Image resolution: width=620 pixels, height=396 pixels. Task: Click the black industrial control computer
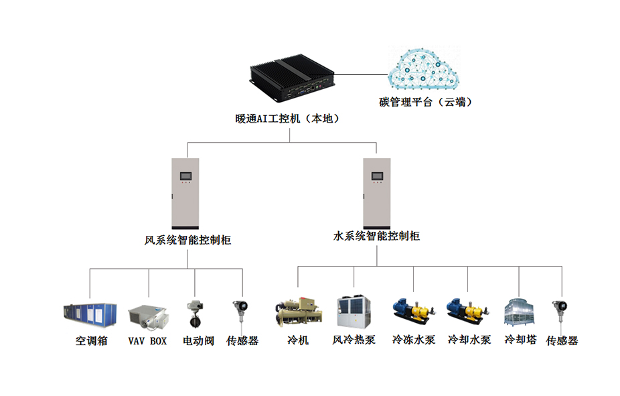click(x=292, y=77)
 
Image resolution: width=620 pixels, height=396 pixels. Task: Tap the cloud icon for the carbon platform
click(x=423, y=68)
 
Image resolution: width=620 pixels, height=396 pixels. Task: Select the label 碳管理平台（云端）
click(x=426, y=102)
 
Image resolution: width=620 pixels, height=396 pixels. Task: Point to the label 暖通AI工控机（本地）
click(x=287, y=119)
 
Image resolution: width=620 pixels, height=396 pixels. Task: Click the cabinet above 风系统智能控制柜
click(x=185, y=194)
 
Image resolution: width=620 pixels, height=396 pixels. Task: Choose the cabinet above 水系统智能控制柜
click(x=377, y=194)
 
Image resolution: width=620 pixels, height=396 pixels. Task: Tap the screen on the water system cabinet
click(x=377, y=176)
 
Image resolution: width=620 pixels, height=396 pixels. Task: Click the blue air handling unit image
click(x=90, y=316)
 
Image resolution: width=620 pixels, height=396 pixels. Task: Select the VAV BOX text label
click(x=147, y=340)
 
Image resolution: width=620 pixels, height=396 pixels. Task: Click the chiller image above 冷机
click(x=299, y=312)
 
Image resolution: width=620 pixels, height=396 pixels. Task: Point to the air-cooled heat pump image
click(x=354, y=312)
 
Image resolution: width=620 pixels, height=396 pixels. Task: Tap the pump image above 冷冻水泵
click(x=414, y=311)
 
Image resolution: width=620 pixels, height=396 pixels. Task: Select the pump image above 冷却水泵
click(x=468, y=311)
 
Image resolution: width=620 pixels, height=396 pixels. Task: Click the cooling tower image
click(x=519, y=312)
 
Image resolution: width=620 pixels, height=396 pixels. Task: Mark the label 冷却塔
click(x=521, y=340)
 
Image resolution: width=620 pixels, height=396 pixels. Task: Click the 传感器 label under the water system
click(x=562, y=340)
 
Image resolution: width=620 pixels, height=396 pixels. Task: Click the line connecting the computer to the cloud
click(x=361, y=74)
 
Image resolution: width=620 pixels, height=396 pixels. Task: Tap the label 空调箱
click(x=91, y=340)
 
